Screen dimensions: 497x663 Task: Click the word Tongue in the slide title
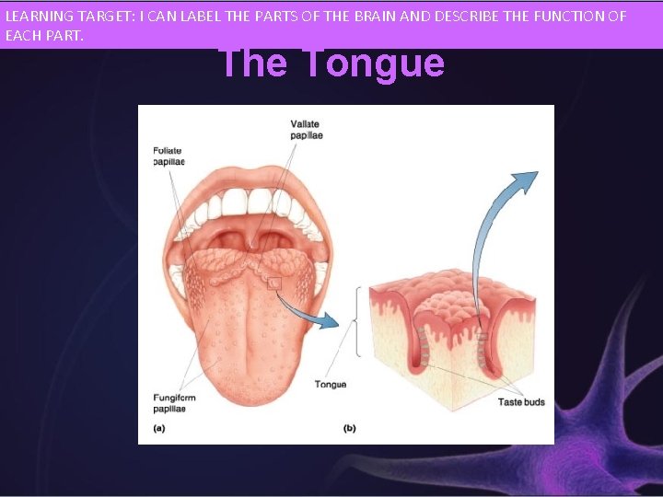pos(372,64)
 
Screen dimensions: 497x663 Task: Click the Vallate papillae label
pos(307,130)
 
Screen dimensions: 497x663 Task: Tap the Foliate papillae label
pos(169,155)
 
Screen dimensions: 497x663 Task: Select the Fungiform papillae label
pos(174,403)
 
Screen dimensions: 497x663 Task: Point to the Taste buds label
pos(521,402)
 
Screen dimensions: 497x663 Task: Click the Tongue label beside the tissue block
pos(331,384)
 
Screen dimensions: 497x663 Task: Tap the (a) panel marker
pos(159,427)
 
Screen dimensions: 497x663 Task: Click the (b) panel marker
pos(350,427)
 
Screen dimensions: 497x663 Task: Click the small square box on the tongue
pos(273,284)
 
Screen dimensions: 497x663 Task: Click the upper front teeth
pos(247,202)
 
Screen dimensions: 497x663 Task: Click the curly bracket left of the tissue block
pos(357,321)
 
